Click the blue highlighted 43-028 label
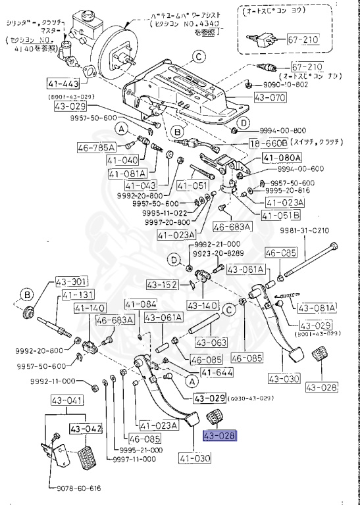(x=219, y=436)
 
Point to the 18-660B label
(x=269, y=143)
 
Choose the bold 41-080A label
(x=282, y=158)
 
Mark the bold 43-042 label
(x=86, y=428)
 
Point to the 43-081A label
(x=317, y=307)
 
